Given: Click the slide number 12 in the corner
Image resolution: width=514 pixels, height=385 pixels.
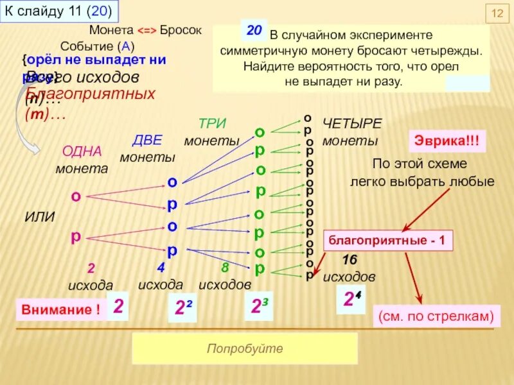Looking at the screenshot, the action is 496,14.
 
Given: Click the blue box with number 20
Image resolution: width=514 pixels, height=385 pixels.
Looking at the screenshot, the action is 254,30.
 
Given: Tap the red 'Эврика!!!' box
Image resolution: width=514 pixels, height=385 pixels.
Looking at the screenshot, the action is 448,141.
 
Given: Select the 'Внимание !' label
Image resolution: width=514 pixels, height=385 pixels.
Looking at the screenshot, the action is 61,309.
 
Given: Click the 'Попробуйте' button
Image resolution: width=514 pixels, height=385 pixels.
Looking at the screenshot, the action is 245,348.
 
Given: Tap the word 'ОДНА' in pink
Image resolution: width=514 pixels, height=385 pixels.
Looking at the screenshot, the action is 82,151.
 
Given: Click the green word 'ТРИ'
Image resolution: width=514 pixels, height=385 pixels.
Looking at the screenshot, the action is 212,124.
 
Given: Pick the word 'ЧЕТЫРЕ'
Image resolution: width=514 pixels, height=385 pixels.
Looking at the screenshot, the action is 352,123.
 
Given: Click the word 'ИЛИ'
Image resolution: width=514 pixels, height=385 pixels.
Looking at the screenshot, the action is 39,218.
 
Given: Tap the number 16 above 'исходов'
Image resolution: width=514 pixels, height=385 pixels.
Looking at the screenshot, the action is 350,260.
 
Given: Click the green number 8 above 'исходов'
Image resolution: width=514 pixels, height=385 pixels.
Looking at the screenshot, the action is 225,267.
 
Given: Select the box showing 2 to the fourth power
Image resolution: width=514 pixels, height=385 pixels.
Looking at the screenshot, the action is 350,299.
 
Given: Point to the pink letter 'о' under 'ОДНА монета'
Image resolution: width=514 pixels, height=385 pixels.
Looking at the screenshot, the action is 76,196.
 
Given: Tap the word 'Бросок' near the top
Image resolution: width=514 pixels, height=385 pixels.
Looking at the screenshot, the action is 181,31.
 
